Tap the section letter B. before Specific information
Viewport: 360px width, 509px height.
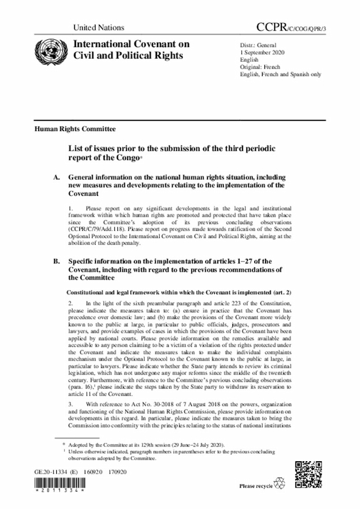coord(56,262)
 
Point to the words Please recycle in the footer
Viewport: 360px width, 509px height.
coord(255,485)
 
